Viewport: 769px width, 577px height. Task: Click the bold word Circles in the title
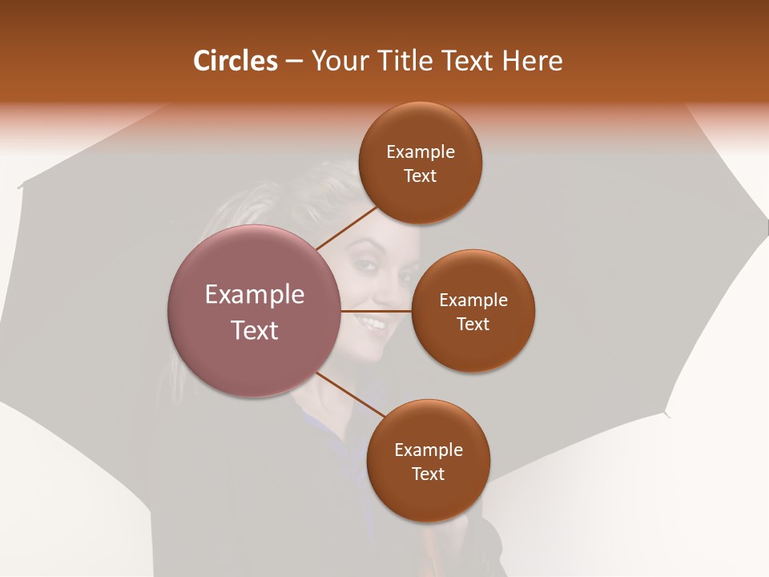235,61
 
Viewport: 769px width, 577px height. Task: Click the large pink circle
255,311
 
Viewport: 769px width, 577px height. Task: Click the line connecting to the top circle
348,227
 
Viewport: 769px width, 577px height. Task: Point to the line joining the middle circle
376,310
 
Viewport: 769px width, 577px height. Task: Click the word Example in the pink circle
255,295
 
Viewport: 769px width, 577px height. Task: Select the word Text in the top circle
421,176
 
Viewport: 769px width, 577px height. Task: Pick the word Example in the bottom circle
428,450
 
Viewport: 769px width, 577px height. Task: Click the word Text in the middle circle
473,324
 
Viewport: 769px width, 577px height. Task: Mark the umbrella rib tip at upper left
19,188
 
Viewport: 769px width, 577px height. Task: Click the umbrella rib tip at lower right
666,414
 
